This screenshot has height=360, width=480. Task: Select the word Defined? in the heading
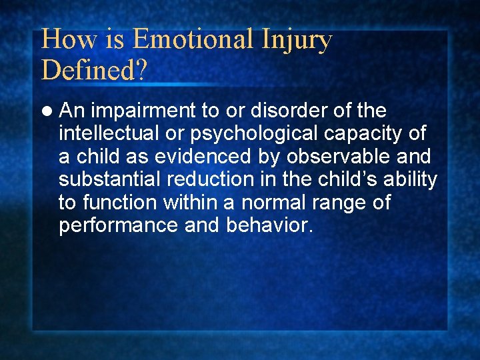coord(93,69)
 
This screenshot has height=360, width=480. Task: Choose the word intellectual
coord(109,133)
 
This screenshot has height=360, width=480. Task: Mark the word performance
coord(117,225)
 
